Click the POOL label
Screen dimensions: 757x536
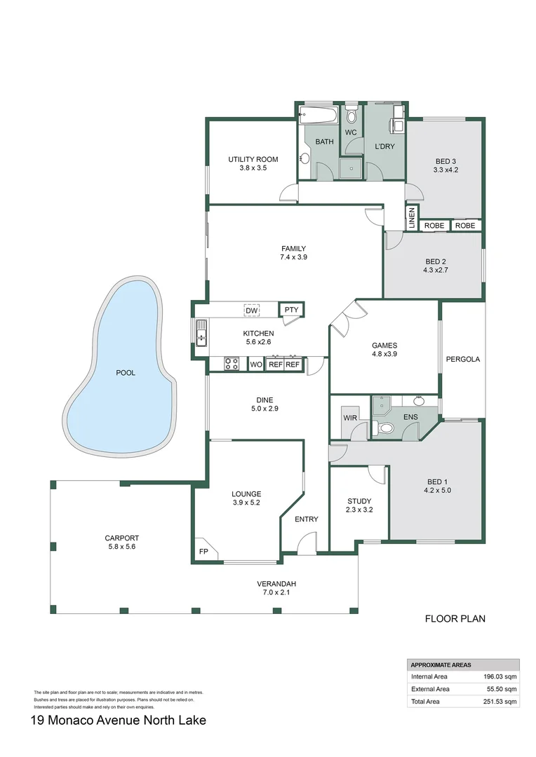126,373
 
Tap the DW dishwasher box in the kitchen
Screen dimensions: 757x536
250,311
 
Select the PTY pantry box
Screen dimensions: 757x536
290,310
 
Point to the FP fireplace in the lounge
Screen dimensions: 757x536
204,552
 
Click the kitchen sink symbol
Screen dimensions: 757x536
201,332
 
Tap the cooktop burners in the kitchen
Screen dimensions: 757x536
231,364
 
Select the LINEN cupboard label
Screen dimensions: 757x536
412,217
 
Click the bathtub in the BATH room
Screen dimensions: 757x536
320,115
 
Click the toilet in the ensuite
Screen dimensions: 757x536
384,428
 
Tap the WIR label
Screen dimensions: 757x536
350,418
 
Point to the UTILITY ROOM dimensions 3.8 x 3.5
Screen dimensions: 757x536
253,168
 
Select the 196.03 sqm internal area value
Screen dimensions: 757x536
500,677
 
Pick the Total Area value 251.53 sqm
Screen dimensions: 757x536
500,701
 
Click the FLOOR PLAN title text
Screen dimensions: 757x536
455,619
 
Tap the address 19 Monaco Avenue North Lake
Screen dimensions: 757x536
119,720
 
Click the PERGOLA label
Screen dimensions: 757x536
463,360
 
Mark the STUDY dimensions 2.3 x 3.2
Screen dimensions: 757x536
360,510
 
